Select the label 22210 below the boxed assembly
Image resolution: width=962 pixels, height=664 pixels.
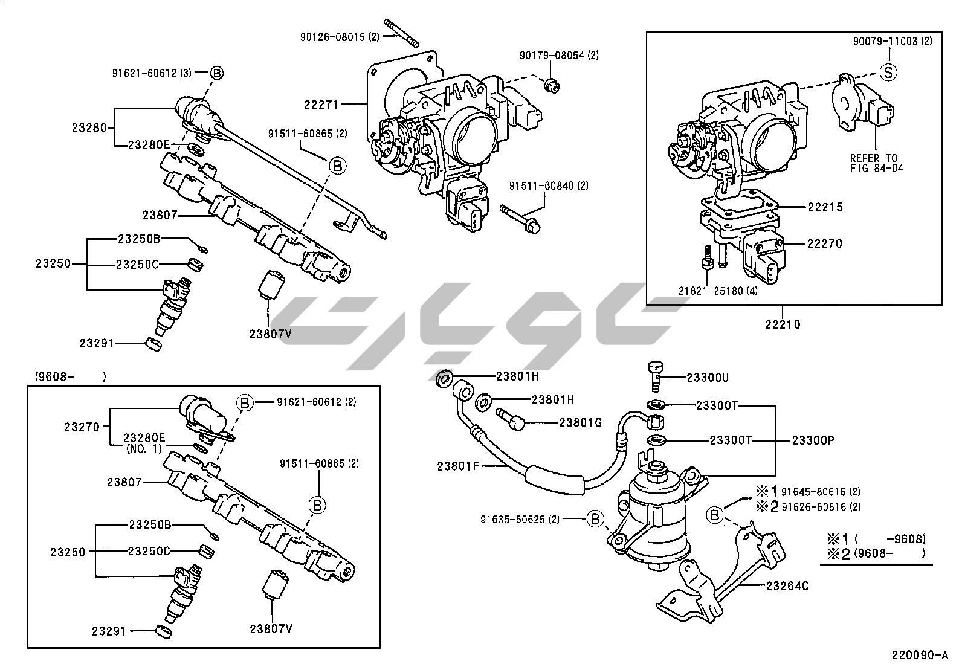[783, 324]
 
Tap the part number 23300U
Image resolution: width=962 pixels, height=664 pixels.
[708, 378]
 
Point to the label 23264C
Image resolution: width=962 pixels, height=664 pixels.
[787, 585]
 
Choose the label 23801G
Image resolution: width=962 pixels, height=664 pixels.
[580, 423]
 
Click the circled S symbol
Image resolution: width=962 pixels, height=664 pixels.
[888, 72]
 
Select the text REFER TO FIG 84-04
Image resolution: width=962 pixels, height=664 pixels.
[876, 163]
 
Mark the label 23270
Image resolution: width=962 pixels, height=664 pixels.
[82, 427]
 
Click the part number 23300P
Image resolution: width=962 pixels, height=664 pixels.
[813, 440]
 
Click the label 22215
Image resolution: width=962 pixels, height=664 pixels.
[825, 207]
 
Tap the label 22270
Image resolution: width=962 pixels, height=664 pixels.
[824, 243]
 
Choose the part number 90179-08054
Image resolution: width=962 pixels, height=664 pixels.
[559, 55]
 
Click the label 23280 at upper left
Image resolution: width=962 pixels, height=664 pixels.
[89, 127]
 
